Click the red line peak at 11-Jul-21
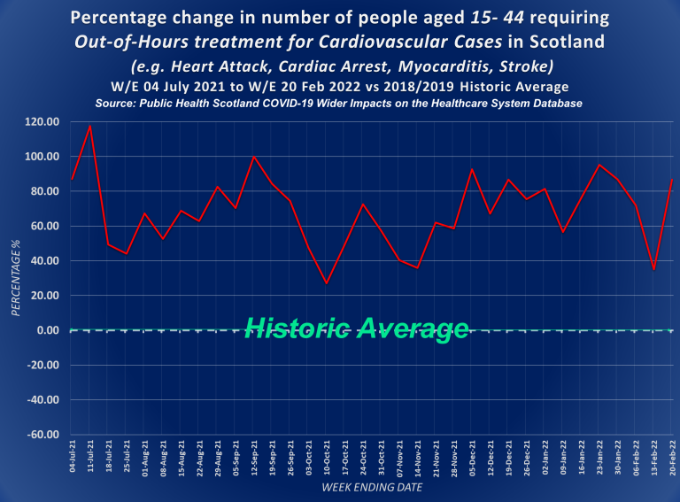pos(89,125)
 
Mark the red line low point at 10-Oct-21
pos(327,283)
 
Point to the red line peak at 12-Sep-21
pos(254,157)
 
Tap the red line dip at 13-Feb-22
pos(653,269)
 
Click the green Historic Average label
pos(356,329)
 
